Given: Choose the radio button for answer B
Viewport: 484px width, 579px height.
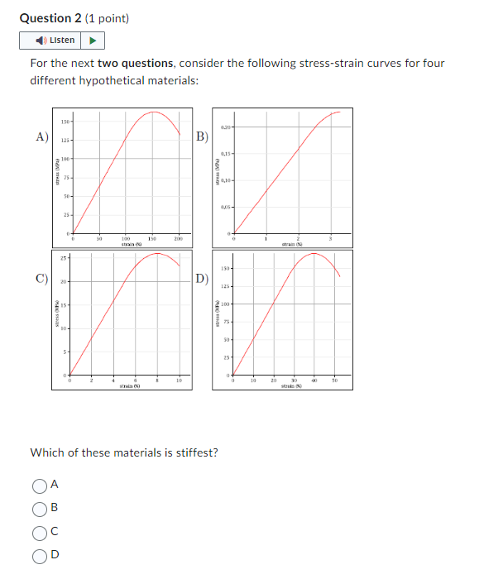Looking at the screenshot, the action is pos(39,508).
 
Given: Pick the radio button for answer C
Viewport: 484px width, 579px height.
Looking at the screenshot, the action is pos(39,532).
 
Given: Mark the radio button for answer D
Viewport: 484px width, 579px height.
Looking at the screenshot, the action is pos(39,556).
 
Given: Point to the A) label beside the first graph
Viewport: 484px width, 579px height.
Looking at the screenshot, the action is pos(41,136).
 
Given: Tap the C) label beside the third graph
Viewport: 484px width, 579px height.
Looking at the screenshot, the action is pos(41,278).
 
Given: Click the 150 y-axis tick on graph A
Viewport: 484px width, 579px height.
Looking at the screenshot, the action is pos(65,122).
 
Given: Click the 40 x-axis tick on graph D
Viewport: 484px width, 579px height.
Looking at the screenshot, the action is pos(314,381).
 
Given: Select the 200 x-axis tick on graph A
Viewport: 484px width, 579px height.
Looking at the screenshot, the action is pos(178,239).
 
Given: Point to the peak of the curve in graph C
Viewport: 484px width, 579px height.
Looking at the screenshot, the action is pos(157,254).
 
